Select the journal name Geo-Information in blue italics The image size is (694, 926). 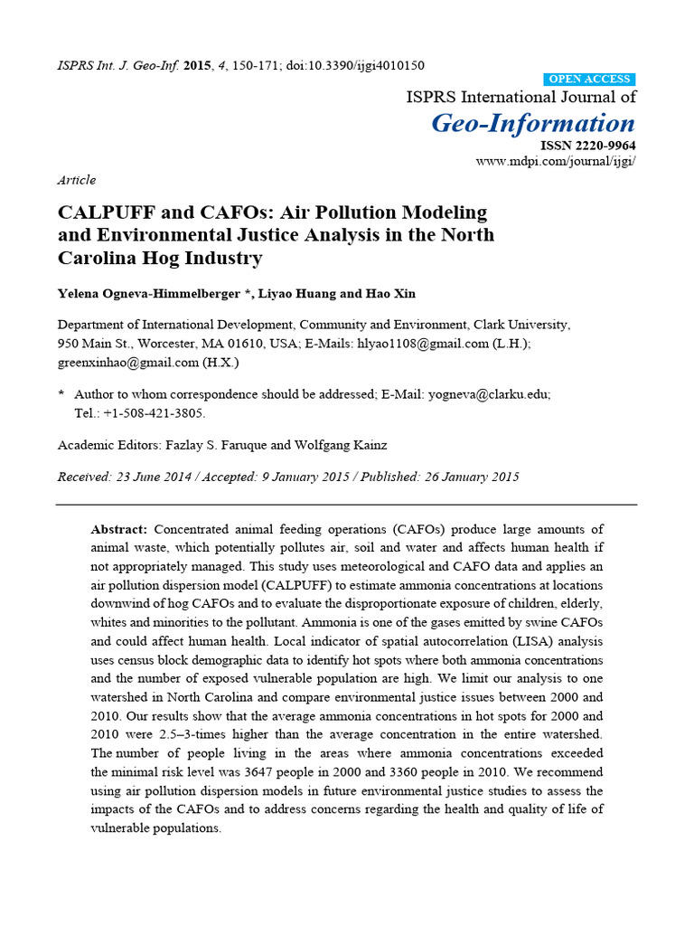pyautogui.click(x=533, y=123)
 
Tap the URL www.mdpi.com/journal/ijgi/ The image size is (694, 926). pyautogui.click(x=556, y=161)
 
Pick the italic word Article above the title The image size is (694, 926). pyautogui.click(x=77, y=180)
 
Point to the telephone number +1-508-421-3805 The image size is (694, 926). pyautogui.click(x=153, y=412)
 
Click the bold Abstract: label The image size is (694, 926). pyautogui.click(x=119, y=529)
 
